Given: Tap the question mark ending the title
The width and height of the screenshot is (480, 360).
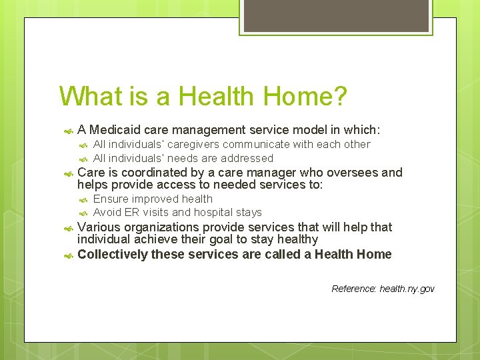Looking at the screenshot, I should point(339,96).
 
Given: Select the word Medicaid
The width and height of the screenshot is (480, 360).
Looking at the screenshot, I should point(113,129).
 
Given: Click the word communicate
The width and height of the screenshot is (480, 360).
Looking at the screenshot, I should point(257,145).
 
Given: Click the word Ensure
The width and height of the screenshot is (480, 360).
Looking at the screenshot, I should point(111,199).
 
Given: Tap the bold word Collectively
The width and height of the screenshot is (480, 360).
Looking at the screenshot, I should point(113,254).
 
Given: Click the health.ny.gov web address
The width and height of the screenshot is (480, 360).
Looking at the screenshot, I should point(407,289).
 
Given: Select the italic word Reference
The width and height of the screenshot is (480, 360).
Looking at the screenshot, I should point(353,289).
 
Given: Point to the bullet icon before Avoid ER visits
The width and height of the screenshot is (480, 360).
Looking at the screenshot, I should point(84,213).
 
